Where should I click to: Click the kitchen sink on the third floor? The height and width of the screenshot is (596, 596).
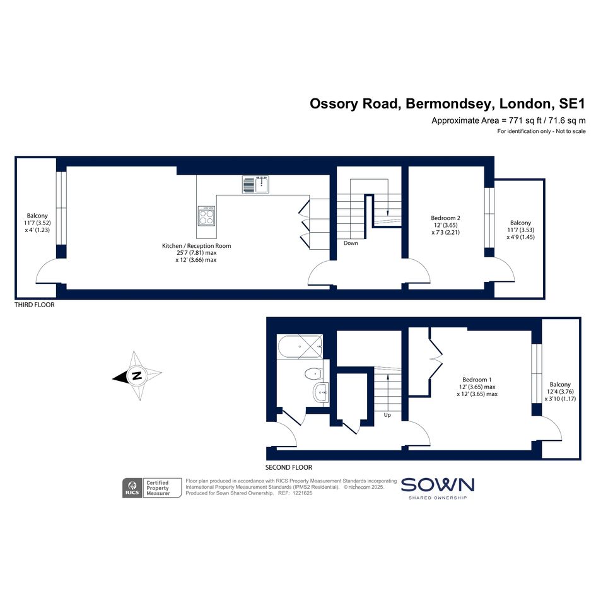[256, 185]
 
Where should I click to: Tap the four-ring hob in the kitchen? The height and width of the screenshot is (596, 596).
[206, 216]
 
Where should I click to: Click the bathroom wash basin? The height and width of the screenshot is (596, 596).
[321, 392]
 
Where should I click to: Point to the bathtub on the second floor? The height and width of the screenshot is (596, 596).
[300, 347]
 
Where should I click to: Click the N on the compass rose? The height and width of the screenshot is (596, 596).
[137, 375]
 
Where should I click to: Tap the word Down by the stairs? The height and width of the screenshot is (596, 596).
[351, 243]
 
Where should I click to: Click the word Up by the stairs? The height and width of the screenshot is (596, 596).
[387, 415]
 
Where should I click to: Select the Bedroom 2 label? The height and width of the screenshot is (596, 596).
[445, 218]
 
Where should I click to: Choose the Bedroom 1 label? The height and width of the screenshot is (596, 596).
[477, 379]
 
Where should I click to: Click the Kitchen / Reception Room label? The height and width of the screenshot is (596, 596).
[196, 245]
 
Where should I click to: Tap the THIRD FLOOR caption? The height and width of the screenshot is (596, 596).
[34, 305]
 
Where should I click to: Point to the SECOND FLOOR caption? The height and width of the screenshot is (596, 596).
[288, 467]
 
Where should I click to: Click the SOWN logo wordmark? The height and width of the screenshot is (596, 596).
[438, 485]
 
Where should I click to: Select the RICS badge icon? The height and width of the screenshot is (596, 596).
[132, 488]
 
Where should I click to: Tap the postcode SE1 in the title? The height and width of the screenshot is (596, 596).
[572, 103]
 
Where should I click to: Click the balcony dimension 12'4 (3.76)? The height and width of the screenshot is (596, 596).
[560, 392]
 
